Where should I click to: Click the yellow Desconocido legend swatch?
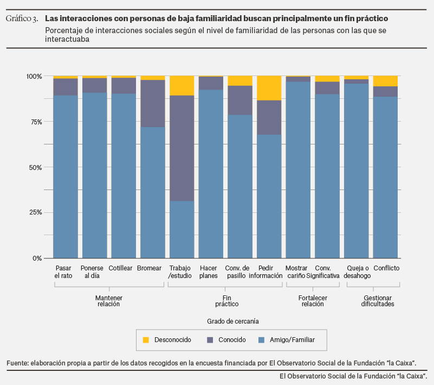point(146,340)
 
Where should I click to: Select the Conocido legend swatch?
point(210,340)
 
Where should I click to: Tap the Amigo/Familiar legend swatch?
point(261,340)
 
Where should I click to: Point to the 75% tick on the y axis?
point(34,122)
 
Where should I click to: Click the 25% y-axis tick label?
point(34,212)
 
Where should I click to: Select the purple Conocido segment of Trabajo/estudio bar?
point(182,148)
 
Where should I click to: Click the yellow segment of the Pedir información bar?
point(269,88)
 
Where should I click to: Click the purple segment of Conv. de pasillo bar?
point(239,100)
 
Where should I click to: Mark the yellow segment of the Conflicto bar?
point(385,81)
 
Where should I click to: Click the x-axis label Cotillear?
point(120,268)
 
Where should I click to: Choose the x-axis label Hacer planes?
point(208,272)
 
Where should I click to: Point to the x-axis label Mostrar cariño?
point(297,272)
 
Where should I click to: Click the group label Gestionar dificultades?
point(377,301)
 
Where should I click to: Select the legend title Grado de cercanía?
point(232,321)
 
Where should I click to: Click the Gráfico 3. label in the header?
point(22,19)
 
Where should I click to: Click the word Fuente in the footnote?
point(17,363)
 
